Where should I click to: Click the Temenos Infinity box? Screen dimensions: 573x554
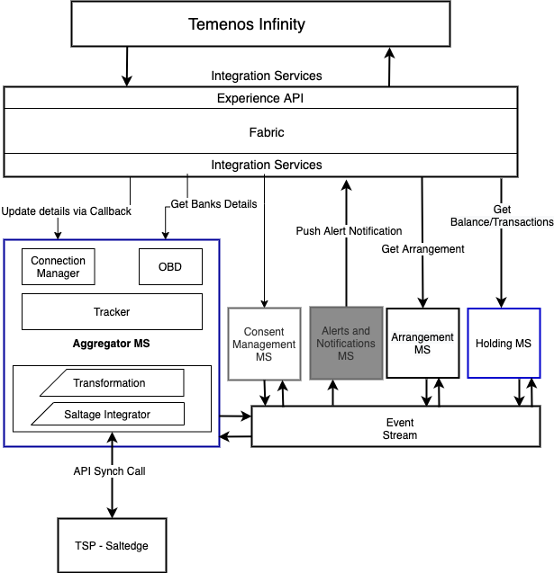(260, 24)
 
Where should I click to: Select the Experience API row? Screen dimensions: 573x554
(260, 98)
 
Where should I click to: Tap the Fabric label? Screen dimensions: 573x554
(266, 132)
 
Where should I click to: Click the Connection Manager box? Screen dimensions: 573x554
(58, 266)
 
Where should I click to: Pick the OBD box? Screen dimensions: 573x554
(170, 266)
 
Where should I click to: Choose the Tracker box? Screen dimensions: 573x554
(112, 312)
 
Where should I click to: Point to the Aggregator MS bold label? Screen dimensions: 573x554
(111, 345)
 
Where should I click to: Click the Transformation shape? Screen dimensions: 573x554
(110, 383)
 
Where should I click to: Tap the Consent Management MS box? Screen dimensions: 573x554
(263, 344)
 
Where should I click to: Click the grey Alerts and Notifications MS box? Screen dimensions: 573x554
(346, 344)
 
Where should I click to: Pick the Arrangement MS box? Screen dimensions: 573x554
(422, 344)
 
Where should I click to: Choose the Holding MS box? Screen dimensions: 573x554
(504, 344)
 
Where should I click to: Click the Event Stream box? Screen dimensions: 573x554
(400, 427)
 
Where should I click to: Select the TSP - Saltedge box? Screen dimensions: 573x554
(112, 545)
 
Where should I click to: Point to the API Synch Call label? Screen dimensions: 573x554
(109, 471)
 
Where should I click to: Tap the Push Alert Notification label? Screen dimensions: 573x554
(349, 231)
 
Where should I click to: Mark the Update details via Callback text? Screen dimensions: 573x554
(66, 211)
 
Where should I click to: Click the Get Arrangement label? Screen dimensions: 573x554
(422, 248)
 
